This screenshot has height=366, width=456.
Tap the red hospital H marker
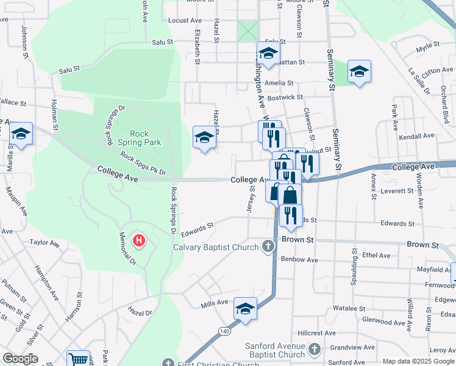click(139, 241)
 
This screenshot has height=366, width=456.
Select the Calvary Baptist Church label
click(216, 247)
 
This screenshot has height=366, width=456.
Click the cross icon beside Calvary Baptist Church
click(268, 246)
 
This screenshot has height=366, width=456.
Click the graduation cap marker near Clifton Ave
click(359, 71)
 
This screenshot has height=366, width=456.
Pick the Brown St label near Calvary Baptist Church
click(297, 240)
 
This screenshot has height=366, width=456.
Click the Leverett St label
click(397, 191)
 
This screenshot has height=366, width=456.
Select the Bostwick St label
click(285, 97)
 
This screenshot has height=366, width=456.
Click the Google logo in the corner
click(20, 359)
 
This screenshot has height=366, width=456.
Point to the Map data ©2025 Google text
click(418, 361)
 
